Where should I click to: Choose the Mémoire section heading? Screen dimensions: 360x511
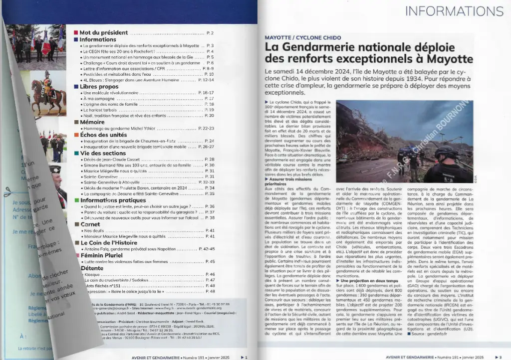coord(92,121)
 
